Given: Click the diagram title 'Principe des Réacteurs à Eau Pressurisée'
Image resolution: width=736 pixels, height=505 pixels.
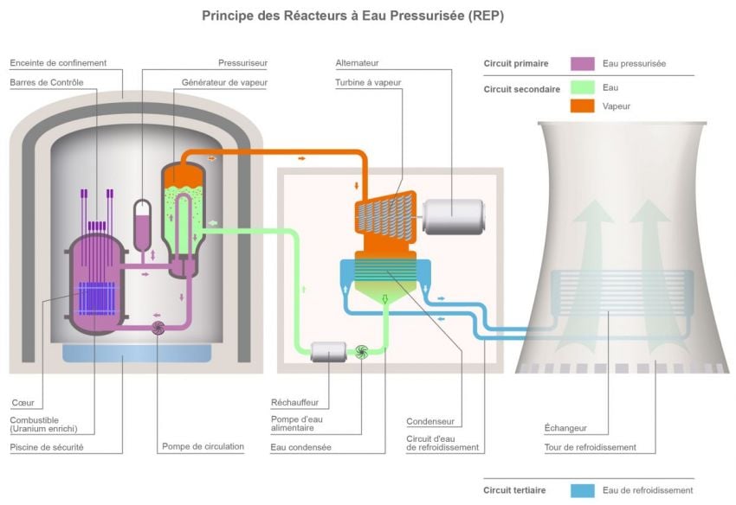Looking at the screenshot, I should click(x=352, y=16).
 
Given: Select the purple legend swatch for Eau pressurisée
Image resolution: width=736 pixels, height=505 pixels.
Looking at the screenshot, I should click(x=582, y=63).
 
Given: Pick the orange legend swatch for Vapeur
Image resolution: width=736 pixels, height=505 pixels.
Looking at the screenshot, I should click(x=582, y=105).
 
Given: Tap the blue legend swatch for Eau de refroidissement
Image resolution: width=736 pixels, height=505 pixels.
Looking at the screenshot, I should click(x=582, y=490).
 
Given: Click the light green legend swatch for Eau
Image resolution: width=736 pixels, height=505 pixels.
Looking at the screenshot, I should click(x=582, y=87).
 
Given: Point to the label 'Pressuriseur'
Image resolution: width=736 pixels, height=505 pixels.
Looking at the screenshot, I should click(x=242, y=63).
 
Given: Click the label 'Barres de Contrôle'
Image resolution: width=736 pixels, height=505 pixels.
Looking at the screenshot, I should click(x=47, y=82).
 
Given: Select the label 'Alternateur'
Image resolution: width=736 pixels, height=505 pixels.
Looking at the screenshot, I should click(x=357, y=63).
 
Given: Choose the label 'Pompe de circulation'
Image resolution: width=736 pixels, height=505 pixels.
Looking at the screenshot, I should click(x=203, y=447).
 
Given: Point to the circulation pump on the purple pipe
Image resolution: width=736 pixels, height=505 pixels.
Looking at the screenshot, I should click(x=158, y=328).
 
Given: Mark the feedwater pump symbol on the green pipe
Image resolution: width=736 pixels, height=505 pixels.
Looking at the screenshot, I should click(x=363, y=351).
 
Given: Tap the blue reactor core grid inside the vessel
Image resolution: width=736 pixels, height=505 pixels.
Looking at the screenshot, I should click(x=96, y=299).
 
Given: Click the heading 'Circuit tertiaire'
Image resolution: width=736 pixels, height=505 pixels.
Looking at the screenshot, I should click(x=514, y=490).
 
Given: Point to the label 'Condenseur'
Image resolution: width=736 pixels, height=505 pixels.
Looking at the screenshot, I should click(x=429, y=422).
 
